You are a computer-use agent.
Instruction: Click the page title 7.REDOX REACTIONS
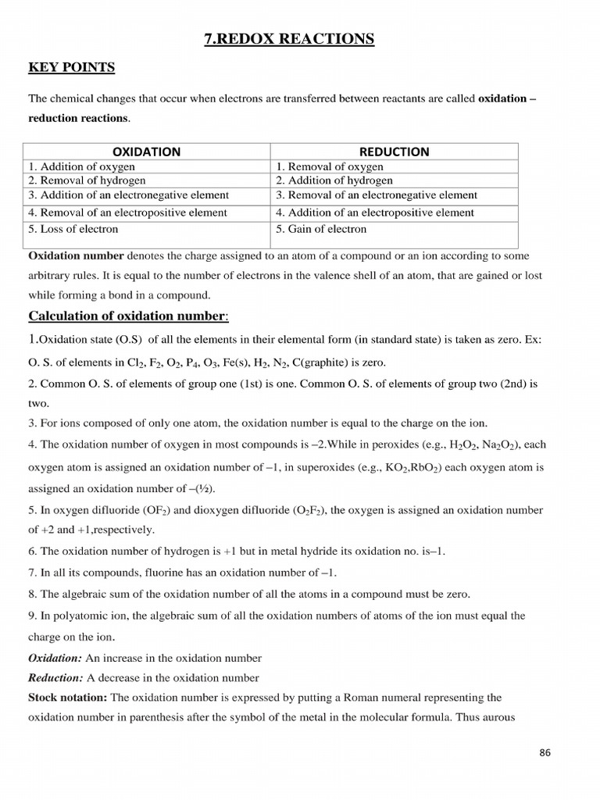coord(289,38)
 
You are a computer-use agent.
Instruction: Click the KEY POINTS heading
coord(71,68)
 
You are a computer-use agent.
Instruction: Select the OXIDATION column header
coord(147,152)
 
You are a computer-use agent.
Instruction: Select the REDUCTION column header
coord(394,152)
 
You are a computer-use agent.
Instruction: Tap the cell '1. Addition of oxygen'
coord(82,166)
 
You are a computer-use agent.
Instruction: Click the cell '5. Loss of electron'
coord(73,229)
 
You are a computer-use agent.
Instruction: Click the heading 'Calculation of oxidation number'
coord(127,315)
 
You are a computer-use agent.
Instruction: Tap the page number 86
coord(545,752)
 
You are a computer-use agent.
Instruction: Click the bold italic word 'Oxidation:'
coord(55,658)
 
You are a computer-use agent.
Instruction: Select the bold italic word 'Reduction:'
coord(55,677)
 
